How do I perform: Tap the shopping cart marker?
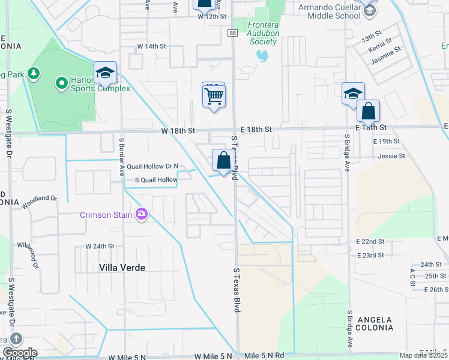pyautogui.click(x=214, y=95)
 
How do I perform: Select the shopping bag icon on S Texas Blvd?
pyautogui.click(x=223, y=161)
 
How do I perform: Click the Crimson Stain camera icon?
pyautogui.click(x=142, y=214)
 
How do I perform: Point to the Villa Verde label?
pyautogui.click(x=123, y=268)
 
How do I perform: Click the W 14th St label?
pyautogui.click(x=151, y=46)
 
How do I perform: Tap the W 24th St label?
pyautogui.click(x=100, y=246)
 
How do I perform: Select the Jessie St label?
pyautogui.click(x=392, y=156)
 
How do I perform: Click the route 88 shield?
pyautogui.click(x=232, y=34)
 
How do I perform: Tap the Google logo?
pyautogui.click(x=19, y=353)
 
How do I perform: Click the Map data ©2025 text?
pyautogui.click(x=424, y=355)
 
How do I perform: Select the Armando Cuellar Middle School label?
pyautogui.click(x=330, y=11)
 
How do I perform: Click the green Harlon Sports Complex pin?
pyautogui.click(x=61, y=82)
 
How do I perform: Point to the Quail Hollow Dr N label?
pyautogui.click(x=152, y=166)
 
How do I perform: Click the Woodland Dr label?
pyautogui.click(x=40, y=202)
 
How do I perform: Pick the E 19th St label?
pyautogui.click(x=386, y=142)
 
